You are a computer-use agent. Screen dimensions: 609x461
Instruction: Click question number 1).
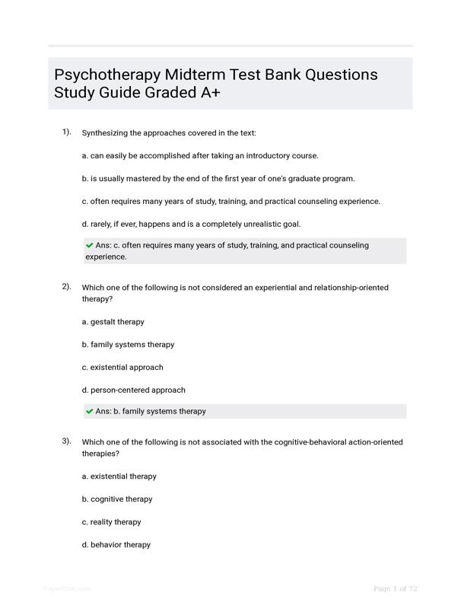67,132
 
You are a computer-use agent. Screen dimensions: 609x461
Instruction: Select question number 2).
67,287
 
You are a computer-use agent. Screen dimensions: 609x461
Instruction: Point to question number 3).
67,442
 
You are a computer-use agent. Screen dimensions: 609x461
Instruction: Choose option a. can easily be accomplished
199,155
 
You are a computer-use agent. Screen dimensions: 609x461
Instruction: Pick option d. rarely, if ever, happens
191,224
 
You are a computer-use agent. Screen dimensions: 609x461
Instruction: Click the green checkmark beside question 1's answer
90,245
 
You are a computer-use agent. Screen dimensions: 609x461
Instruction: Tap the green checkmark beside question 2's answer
90,411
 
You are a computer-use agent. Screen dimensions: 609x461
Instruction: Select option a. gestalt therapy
113,321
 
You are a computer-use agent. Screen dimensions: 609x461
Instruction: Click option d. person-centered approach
133,390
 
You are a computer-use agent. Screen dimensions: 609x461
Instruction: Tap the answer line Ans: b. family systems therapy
151,411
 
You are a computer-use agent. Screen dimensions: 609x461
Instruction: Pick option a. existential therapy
119,476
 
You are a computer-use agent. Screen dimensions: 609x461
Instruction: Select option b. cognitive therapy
117,499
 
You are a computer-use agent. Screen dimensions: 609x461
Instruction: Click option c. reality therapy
111,521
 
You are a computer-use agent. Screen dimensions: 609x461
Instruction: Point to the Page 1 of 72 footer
395,588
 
